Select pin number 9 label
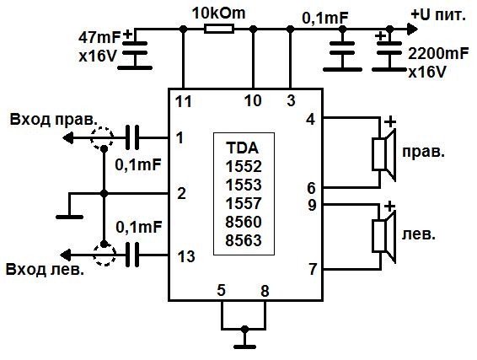311,204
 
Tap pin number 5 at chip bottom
222,291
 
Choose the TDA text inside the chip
244,145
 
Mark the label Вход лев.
46,270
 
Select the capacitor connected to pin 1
133,136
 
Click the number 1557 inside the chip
244,203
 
